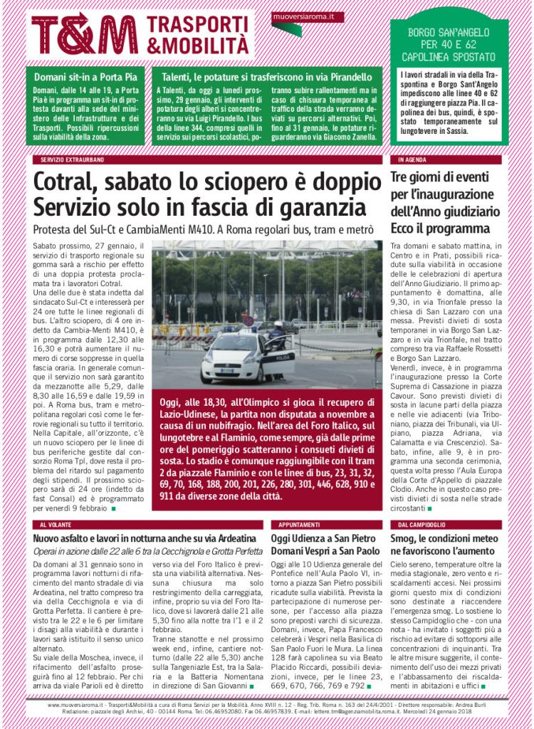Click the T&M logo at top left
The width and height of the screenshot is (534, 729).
pos(84,35)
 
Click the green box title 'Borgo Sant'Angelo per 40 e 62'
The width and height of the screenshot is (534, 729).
pos(449,43)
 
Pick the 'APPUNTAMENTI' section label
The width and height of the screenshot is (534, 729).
pos(295,524)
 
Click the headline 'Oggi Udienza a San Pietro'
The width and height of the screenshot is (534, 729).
pos(323,539)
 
